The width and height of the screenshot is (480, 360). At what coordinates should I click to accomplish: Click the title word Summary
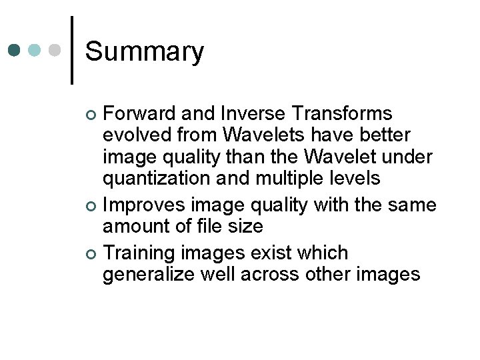(x=145, y=52)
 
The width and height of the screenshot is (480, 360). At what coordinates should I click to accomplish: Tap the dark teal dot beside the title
(x=15, y=51)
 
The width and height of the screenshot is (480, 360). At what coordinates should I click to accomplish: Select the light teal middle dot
(x=35, y=51)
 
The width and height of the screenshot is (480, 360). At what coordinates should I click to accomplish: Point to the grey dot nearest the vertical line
(x=56, y=51)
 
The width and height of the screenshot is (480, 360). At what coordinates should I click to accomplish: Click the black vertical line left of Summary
(x=72, y=50)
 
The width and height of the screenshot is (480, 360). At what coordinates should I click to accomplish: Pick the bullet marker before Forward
(x=92, y=115)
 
